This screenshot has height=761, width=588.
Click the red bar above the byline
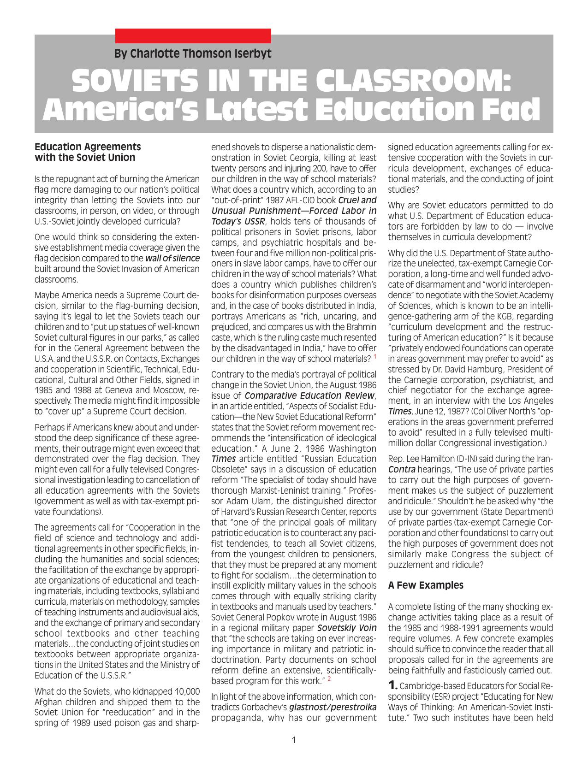[193, 35]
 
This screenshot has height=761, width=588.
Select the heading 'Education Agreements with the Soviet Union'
[88, 152]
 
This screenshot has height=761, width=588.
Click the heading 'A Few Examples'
[426, 585]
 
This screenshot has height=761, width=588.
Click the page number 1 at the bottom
[294, 740]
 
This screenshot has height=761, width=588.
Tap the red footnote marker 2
[329, 678]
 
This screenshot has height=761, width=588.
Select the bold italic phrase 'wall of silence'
[172, 258]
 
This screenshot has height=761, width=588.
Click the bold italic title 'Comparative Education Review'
[309, 395]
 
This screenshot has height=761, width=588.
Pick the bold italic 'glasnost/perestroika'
[333, 707]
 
